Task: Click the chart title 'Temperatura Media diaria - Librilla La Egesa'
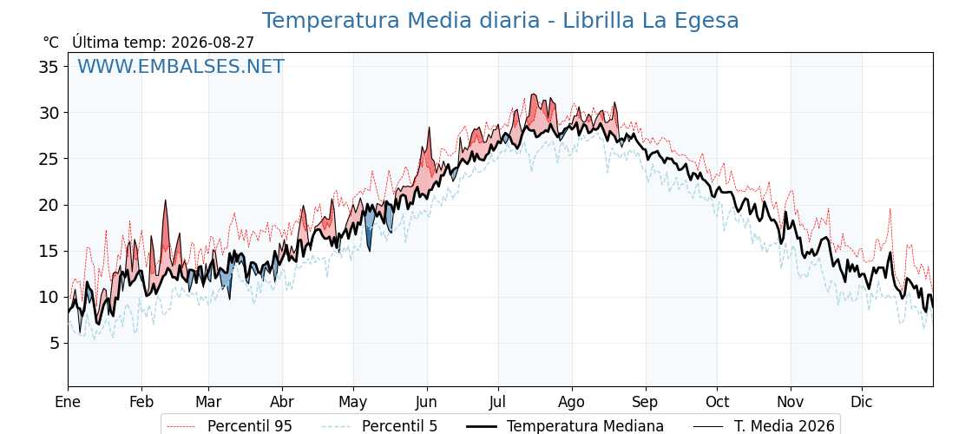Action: [x=500, y=21]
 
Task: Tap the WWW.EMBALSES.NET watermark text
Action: [x=181, y=66]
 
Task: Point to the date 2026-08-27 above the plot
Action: [x=213, y=43]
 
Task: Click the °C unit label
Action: [x=51, y=43]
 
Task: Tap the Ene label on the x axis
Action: [x=68, y=403]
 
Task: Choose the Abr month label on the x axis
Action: [x=282, y=403]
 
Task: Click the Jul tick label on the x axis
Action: [x=498, y=403]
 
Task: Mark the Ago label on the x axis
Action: [x=572, y=403]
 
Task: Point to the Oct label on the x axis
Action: [x=717, y=403]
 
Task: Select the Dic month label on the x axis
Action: [x=862, y=403]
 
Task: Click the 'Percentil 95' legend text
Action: [x=249, y=426]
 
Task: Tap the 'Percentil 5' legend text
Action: [x=400, y=426]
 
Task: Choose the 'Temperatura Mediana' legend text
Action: [x=585, y=426]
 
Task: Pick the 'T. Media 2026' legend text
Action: [x=785, y=426]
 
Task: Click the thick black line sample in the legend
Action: [x=481, y=426]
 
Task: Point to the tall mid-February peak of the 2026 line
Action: [x=166, y=201]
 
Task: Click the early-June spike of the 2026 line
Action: [x=429, y=128]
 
